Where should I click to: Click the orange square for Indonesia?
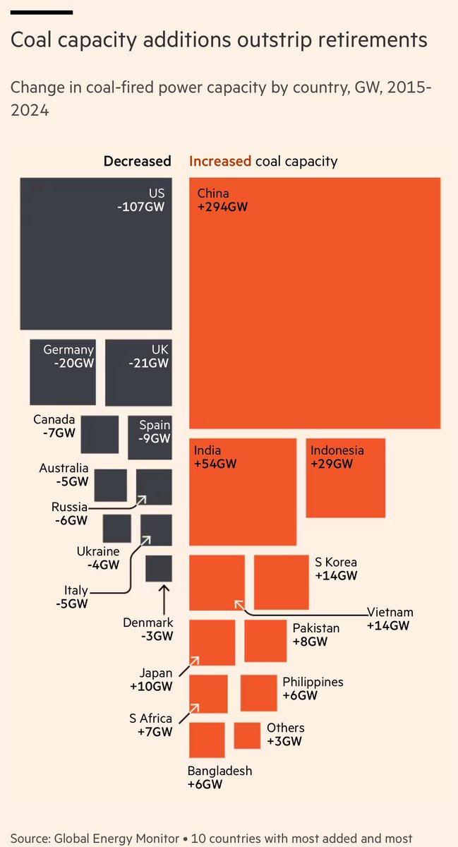pos(346,487)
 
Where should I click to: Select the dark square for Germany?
pos(63,381)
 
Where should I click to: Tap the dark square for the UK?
pos(138,381)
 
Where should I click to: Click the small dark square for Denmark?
pos(159,569)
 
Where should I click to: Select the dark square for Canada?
pos(100,434)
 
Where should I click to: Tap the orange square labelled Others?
pos(247,735)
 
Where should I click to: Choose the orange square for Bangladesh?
pos(207,740)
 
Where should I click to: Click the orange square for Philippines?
pos(258,693)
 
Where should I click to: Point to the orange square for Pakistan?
pos(265,641)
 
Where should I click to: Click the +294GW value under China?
pos(223,208)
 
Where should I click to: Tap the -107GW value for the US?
pos(143,208)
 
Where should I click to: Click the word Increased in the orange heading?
pos(220,161)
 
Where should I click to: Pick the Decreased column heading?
pos(137,161)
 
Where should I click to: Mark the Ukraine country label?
pos(98,551)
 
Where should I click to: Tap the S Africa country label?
pos(150,719)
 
